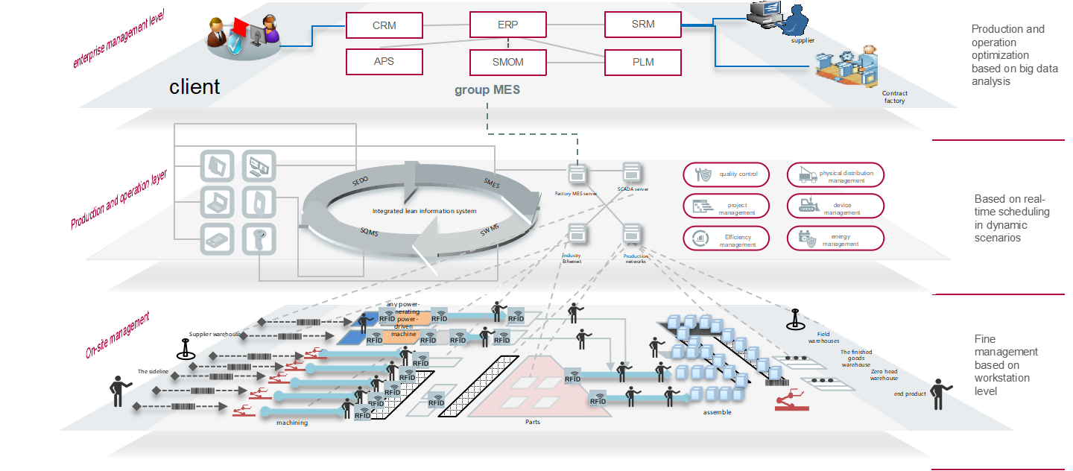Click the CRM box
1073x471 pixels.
coord(384,25)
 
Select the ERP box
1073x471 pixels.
coord(507,25)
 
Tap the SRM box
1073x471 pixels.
coord(642,25)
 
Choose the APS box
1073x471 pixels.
coord(384,62)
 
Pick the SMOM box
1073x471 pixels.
coord(507,62)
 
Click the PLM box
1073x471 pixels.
coord(642,62)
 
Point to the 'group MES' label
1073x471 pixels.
coord(487,90)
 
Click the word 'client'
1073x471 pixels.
coord(194,87)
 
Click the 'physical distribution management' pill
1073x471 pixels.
coord(835,175)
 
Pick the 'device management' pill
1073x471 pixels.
coord(835,206)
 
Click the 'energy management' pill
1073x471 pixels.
coord(835,238)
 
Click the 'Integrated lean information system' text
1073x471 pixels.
coord(424,211)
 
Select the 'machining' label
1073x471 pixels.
coord(292,423)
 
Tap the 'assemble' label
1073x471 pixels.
coord(717,412)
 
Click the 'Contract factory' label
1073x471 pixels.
coord(894,97)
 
